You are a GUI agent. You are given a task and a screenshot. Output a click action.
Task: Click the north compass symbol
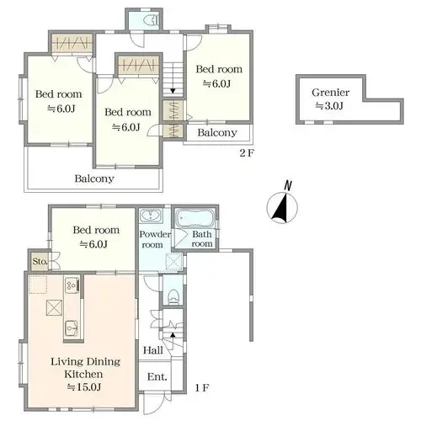pos(282,207)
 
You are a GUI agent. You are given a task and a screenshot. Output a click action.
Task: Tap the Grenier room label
pos(331,93)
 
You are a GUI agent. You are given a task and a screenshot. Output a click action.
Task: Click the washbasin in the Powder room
pos(151,216)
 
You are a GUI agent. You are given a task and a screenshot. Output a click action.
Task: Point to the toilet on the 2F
pos(152,20)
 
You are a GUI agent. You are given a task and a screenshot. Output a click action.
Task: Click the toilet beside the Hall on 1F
pos(173,296)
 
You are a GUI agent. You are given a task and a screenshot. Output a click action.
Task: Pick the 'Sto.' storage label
pos(40,262)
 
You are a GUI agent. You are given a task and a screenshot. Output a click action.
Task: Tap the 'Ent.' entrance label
pos(157,376)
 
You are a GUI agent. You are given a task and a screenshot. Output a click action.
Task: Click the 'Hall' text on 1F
pos(153,350)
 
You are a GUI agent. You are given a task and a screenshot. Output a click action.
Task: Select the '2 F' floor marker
pos(247,153)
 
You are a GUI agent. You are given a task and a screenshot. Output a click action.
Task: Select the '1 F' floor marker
pos(202,388)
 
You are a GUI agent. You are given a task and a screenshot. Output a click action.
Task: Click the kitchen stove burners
pos(72,285)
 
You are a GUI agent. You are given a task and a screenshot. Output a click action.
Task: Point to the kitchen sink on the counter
pos(71,328)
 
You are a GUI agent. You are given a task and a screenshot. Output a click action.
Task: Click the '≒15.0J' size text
pos(84,387)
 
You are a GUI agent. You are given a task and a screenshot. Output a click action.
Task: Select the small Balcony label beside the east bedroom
pos(217,133)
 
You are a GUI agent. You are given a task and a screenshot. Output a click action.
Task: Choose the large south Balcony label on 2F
pos(94,179)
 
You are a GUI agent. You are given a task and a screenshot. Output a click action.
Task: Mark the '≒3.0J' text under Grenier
pos(329,106)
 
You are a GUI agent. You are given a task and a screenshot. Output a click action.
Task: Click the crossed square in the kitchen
pos(54,307)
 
